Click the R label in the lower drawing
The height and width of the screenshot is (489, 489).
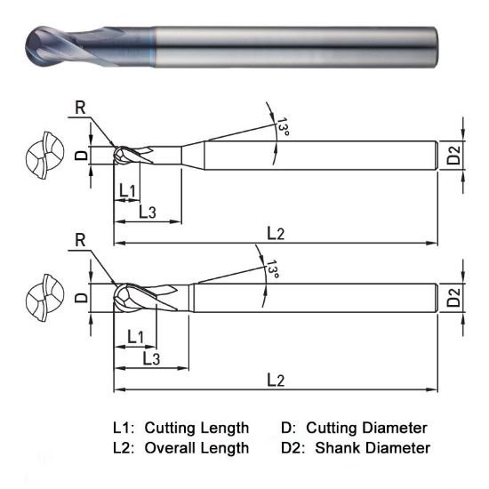click(x=80, y=240)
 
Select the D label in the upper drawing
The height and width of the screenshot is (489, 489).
click(x=81, y=155)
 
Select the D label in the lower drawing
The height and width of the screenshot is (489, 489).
click(x=81, y=298)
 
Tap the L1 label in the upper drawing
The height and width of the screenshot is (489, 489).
click(x=126, y=190)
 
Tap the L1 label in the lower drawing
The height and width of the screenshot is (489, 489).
click(x=136, y=336)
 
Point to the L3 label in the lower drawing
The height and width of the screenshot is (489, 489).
click(x=151, y=357)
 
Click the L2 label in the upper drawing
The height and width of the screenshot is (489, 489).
click(x=276, y=233)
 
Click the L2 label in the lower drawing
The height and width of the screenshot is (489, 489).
click(x=276, y=380)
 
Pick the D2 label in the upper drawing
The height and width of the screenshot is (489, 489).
click(x=454, y=157)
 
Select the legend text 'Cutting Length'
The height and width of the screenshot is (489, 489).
click(x=196, y=428)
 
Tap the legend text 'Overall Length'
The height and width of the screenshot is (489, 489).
click(x=196, y=448)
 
